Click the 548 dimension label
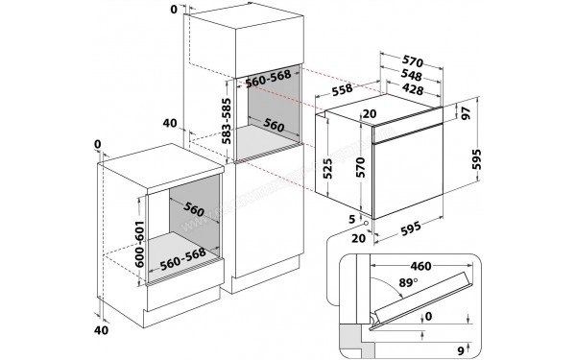411,75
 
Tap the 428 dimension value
413,89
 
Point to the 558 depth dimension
342,90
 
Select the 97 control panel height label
466,113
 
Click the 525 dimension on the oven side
327,168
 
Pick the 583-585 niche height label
228,121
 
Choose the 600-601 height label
139,244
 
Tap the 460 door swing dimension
420,266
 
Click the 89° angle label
408,283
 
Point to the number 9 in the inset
461,349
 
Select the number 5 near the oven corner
352,220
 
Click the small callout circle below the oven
366,223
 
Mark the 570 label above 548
413,61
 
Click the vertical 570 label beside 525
361,167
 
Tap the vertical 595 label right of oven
476,159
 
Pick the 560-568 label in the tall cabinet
268,79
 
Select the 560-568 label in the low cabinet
182,259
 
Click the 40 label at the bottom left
102,330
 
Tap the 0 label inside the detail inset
428,316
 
